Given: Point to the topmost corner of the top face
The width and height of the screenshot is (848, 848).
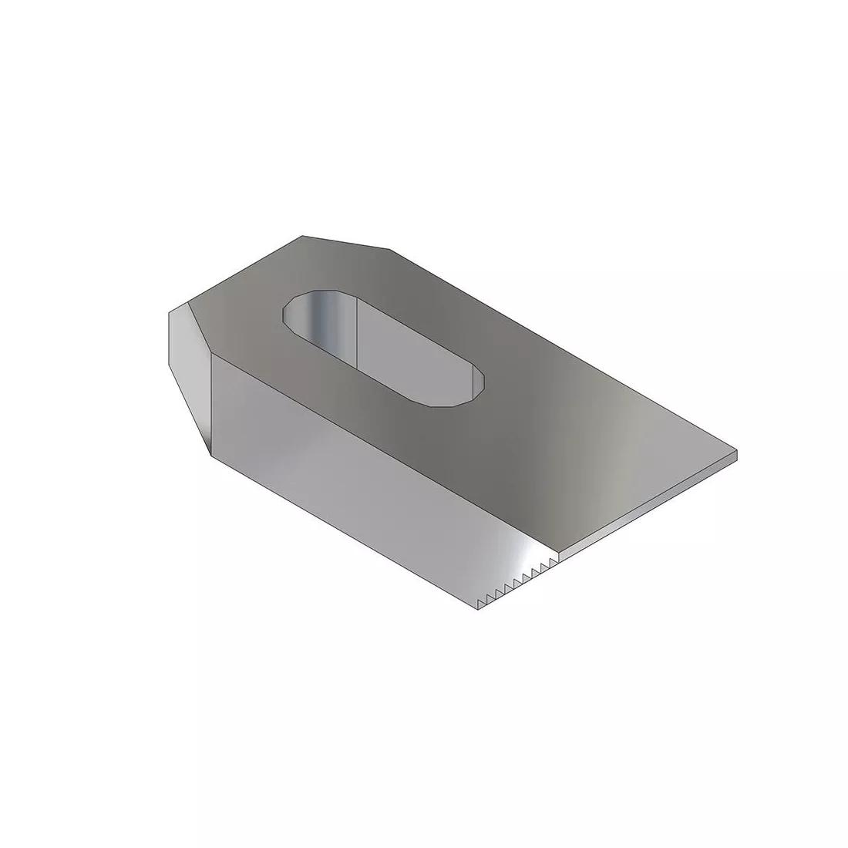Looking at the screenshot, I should point(303,236).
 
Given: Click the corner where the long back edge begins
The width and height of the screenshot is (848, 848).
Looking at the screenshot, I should point(389,250).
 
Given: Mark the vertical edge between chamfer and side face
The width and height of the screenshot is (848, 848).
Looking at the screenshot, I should point(210,405).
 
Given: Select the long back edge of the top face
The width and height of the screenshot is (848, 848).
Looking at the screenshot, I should point(563,350).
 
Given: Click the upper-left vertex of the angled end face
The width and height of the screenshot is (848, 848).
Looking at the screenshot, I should point(169,312).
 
